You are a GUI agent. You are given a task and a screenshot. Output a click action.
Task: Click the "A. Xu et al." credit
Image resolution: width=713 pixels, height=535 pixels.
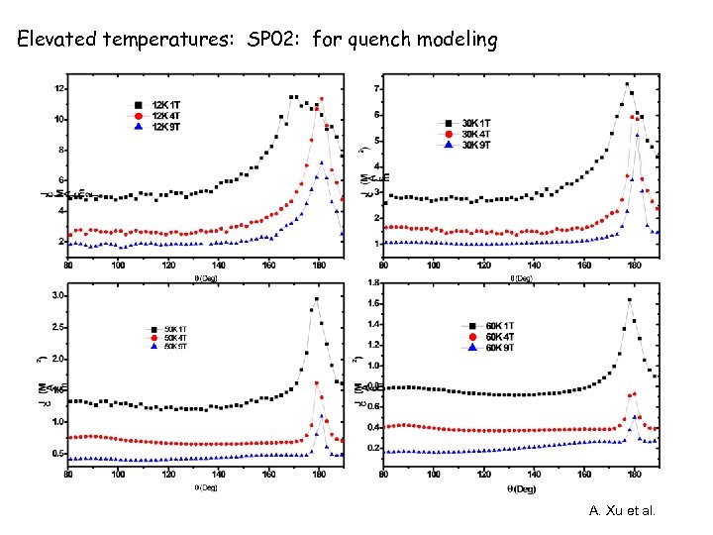622,511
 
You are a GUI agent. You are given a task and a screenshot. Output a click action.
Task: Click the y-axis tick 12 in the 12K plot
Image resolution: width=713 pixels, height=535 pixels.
60,89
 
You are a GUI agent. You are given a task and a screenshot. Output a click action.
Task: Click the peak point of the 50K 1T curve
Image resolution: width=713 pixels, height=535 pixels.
317,298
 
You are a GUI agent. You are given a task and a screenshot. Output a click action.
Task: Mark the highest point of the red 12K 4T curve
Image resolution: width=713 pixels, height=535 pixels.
321,99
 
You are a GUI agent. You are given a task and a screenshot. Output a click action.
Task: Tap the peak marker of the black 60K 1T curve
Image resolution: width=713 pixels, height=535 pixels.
630,300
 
